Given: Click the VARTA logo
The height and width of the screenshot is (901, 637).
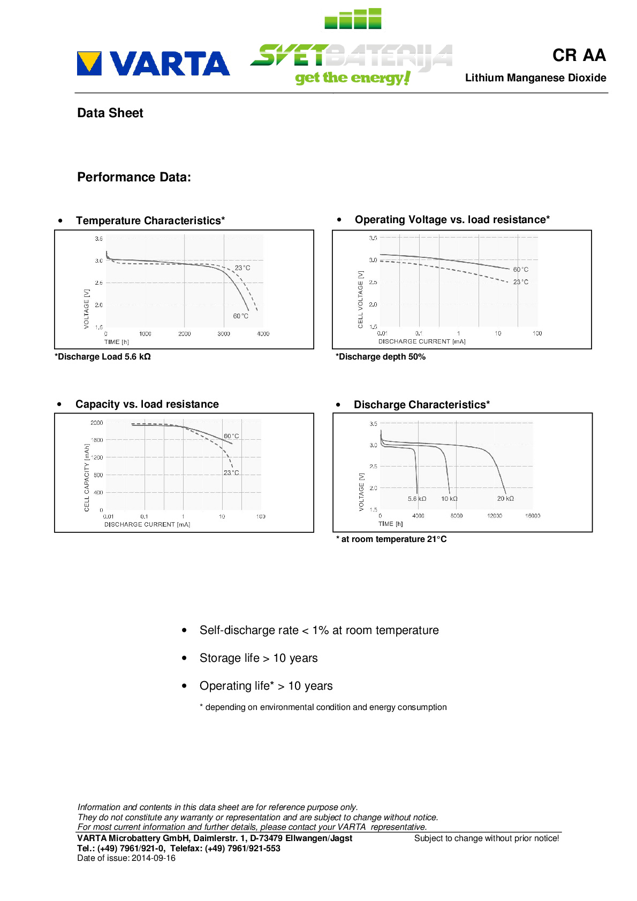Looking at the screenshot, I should pyautogui.click(x=153, y=64).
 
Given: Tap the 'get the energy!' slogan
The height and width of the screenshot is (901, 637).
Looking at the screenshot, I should pyautogui.click(x=353, y=78).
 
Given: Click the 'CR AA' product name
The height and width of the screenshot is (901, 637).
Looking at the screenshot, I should pyautogui.click(x=579, y=55).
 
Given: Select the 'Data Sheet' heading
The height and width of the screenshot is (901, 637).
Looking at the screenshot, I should pyautogui.click(x=110, y=113).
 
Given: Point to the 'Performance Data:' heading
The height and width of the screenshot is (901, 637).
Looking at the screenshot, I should pyautogui.click(x=134, y=177).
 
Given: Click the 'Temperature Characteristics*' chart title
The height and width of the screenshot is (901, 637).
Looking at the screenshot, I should pyautogui.click(x=150, y=220).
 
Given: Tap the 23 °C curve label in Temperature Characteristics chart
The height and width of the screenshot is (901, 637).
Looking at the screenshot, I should pyautogui.click(x=242, y=268).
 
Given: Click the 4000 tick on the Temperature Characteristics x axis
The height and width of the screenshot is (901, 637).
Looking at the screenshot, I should pyautogui.click(x=263, y=334).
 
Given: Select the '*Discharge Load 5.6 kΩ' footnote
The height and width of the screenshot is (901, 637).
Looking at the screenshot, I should pyautogui.click(x=102, y=357).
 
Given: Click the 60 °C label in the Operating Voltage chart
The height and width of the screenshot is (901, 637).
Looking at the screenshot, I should pyautogui.click(x=520, y=270).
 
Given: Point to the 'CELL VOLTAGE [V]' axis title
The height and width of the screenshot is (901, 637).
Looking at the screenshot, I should pyautogui.click(x=360, y=299).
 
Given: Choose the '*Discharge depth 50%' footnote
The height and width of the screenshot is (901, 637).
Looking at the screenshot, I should pyautogui.click(x=381, y=357).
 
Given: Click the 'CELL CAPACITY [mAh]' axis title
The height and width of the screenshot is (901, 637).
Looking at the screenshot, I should pyautogui.click(x=87, y=477).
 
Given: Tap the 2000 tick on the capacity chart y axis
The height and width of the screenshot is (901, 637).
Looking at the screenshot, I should pyautogui.click(x=96, y=423).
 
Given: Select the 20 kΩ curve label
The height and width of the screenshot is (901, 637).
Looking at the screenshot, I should pyautogui.click(x=505, y=499).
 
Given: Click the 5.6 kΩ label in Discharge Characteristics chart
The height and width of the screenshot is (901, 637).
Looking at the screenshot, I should pyautogui.click(x=417, y=499).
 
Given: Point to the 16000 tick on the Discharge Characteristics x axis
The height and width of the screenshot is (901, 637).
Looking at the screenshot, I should pyautogui.click(x=533, y=516).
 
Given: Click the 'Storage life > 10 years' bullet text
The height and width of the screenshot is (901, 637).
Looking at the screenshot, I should pyautogui.click(x=259, y=658).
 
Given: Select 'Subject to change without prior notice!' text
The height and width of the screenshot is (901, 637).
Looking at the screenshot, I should pyautogui.click(x=487, y=838).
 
